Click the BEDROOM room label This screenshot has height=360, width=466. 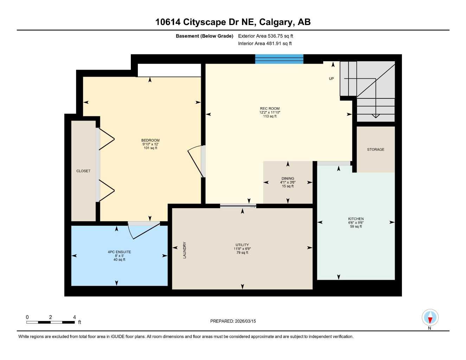pyautogui.click(x=151, y=141)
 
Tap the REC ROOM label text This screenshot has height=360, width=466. pyautogui.click(x=270, y=109)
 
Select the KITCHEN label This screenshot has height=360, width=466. pyautogui.click(x=356, y=219)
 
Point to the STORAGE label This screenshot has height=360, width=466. pyautogui.click(x=376, y=149)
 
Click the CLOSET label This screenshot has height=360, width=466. pyautogui.click(x=83, y=171)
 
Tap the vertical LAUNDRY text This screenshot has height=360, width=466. pyautogui.click(x=185, y=250)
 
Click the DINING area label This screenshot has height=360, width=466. pyautogui.click(x=288, y=179)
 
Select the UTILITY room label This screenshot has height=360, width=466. pyautogui.click(x=242, y=245)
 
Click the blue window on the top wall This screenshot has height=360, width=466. pyautogui.click(x=279, y=59)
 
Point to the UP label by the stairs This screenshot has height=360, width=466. pyautogui.click(x=331, y=79)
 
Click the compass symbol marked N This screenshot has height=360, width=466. pyautogui.click(x=430, y=318)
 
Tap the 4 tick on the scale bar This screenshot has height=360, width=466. pyautogui.click(x=75, y=317)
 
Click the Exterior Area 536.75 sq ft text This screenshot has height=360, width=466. pyautogui.click(x=266, y=36)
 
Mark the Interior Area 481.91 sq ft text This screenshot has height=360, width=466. pyautogui.click(x=265, y=44)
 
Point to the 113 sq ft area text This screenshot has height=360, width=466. pyautogui.click(x=270, y=116)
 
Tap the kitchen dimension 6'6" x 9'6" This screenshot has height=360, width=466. pyautogui.click(x=356, y=223)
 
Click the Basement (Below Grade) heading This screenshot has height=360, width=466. pyautogui.click(x=204, y=36)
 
